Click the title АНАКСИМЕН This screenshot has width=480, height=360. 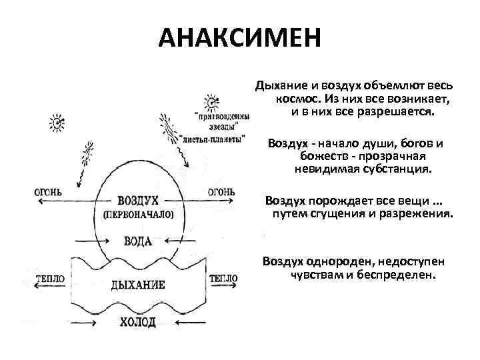(239, 38)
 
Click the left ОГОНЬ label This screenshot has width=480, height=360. (47, 192)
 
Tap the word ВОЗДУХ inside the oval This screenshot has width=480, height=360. (137, 201)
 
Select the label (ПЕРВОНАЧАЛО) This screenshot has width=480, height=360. (138, 215)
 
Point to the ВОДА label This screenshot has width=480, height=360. (138, 241)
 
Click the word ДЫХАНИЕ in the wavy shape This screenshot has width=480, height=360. (138, 285)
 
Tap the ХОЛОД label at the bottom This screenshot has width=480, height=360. (138, 323)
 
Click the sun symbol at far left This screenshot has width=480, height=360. (58, 121)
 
